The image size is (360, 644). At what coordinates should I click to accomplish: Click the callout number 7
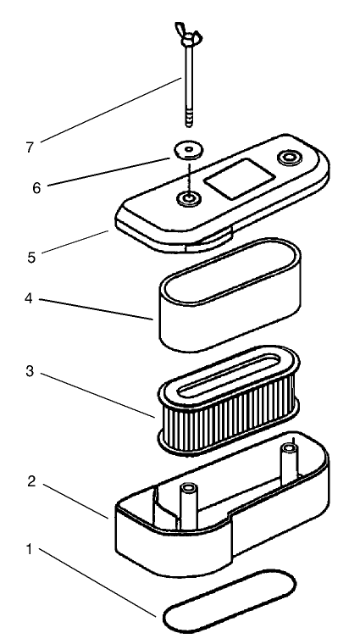coord(30,147)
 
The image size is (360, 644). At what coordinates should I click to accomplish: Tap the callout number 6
coord(36,188)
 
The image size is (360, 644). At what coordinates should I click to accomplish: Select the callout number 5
coord(31,258)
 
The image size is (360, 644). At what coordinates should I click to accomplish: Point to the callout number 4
coord(28,298)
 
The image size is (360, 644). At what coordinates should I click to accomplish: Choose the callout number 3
coord(30,371)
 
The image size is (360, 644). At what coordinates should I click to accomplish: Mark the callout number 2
coord(31,481)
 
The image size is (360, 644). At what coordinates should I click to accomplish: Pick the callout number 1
coord(29,549)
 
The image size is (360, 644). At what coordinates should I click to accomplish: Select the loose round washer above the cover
coord(189,149)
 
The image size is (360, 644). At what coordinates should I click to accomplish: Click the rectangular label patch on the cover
coord(240,179)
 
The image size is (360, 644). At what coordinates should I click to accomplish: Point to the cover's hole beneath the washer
coord(189,199)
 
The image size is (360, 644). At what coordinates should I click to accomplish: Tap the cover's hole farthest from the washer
coord(290,157)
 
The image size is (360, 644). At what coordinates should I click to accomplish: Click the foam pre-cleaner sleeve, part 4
coord(230,294)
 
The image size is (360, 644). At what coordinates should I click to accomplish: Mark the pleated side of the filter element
coord(228,417)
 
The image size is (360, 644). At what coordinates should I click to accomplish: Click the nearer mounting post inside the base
coord(189,506)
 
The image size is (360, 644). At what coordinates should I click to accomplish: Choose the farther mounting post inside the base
coord(290,464)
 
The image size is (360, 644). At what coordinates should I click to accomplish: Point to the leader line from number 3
coord(98,395)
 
